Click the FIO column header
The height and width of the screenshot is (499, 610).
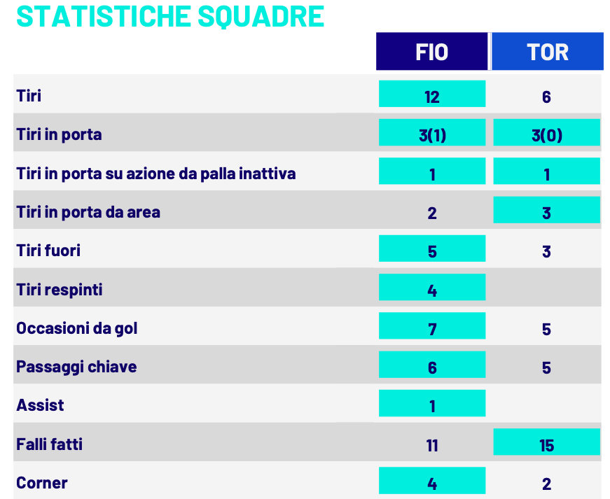(x=431, y=52)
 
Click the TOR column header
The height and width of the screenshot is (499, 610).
(x=547, y=52)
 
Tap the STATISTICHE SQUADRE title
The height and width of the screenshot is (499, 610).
(x=170, y=17)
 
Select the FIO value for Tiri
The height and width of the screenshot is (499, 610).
(x=431, y=95)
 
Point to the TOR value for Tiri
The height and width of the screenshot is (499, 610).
(x=546, y=96)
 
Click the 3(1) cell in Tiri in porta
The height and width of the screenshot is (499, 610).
(x=431, y=134)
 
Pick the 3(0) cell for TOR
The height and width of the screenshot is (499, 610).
(x=546, y=134)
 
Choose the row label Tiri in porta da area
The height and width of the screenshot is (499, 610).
(x=88, y=211)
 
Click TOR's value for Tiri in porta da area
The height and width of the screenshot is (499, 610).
(x=546, y=212)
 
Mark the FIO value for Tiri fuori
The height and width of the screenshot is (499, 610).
(x=431, y=251)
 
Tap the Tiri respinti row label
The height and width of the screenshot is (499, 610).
(x=60, y=289)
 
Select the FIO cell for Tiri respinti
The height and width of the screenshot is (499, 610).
(x=431, y=289)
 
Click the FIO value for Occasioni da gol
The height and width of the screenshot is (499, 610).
(x=431, y=328)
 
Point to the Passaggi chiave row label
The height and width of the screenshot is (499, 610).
(x=76, y=366)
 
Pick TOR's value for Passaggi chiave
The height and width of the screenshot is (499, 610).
(x=546, y=367)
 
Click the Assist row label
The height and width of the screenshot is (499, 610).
(x=41, y=405)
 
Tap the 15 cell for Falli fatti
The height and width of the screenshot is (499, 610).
(x=546, y=444)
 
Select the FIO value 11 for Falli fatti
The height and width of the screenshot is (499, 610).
(x=431, y=444)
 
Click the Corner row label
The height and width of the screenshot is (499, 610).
(x=42, y=482)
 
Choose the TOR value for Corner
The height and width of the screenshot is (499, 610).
(x=546, y=482)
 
